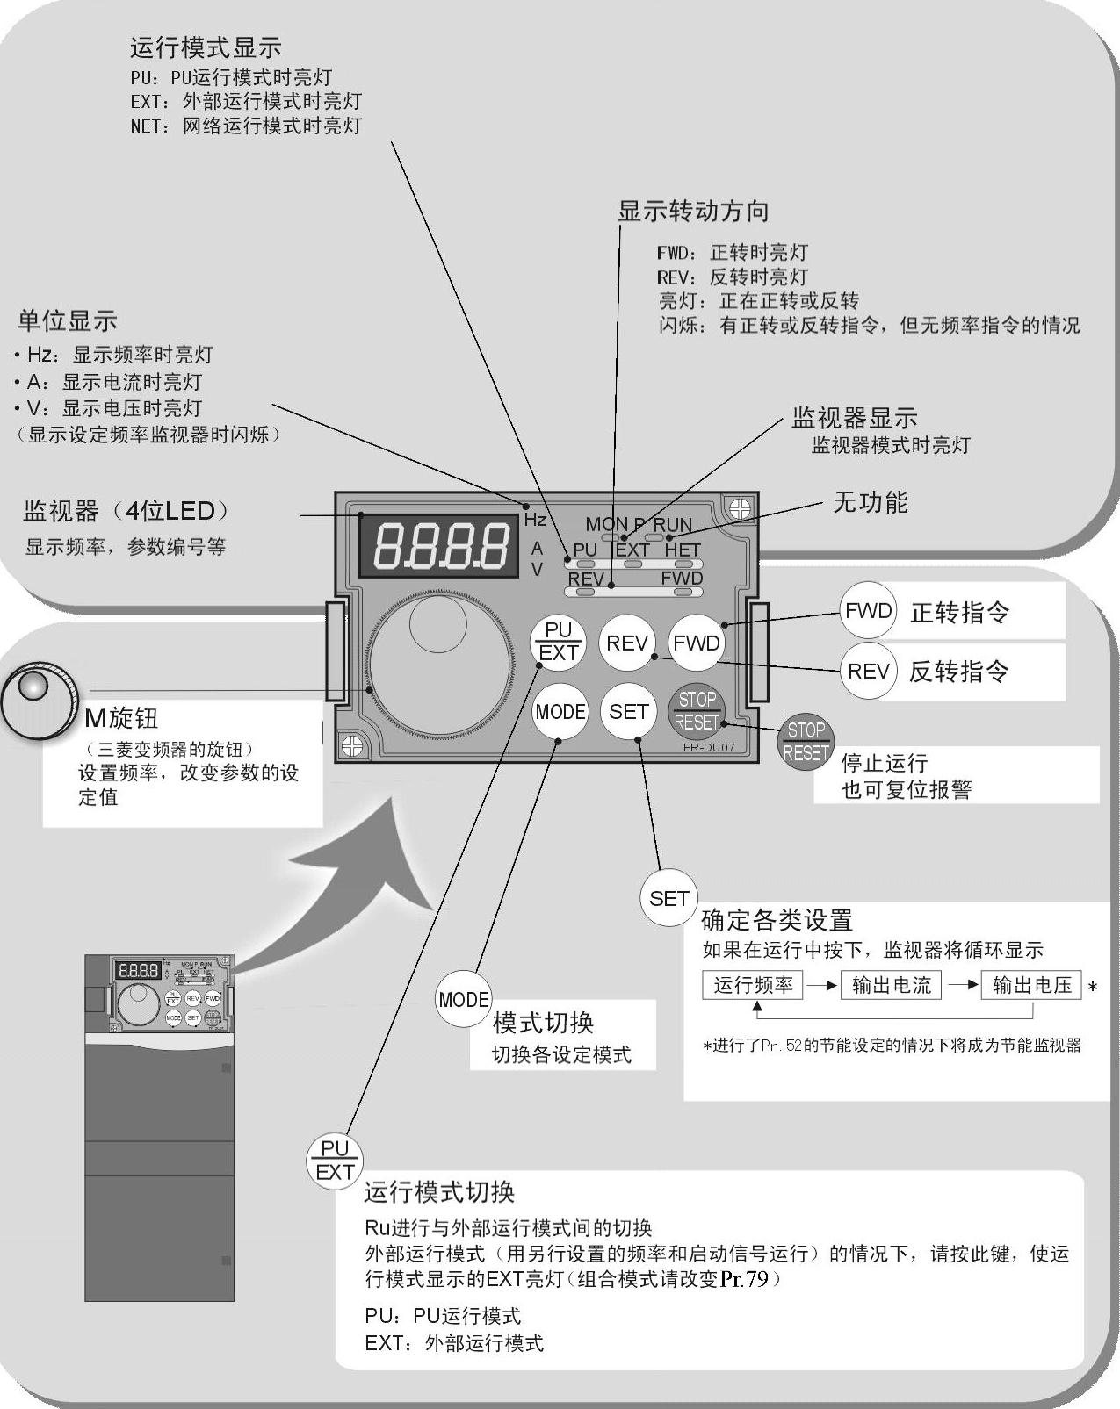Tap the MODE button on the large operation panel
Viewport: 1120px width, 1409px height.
560,711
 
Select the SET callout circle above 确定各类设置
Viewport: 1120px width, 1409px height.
668,898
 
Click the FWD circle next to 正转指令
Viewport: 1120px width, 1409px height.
868,611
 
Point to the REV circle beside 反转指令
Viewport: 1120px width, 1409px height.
868,672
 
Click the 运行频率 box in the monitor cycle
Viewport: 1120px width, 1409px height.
753,985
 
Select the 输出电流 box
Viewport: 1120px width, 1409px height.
891,985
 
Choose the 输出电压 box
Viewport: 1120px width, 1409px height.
1031,985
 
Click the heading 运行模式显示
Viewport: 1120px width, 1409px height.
206,47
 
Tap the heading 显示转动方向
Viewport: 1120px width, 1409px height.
693,211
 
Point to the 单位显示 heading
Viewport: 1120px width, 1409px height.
68,321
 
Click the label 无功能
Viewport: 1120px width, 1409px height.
870,502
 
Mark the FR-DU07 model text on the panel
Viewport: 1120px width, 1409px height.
708,748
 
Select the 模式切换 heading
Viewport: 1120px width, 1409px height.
544,1023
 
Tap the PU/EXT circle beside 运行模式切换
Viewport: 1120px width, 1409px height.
335,1160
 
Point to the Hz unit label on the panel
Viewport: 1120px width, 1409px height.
535,520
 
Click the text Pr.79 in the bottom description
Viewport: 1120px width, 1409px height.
745,1279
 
